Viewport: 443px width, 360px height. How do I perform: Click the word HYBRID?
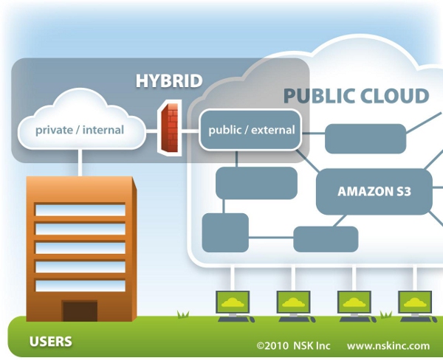tap(169, 81)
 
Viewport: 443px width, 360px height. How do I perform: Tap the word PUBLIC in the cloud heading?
tap(319, 96)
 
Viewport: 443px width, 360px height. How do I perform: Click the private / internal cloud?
tap(80, 125)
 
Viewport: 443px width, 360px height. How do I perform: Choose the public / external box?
tap(251, 130)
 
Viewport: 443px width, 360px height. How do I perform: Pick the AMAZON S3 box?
tap(374, 191)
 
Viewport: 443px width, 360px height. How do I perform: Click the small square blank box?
tap(225, 232)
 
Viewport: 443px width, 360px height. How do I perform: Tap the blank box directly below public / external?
tap(256, 182)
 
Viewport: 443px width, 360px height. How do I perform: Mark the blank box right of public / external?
tap(365, 139)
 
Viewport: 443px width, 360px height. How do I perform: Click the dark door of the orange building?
tap(80, 310)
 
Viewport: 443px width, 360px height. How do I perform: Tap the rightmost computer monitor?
tap(418, 302)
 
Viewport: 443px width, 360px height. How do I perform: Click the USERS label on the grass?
tap(50, 342)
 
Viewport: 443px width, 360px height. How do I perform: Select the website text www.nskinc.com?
tap(388, 345)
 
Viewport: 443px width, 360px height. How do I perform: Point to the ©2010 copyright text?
tap(271, 345)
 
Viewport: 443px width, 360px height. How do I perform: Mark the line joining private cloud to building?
tap(79, 162)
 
